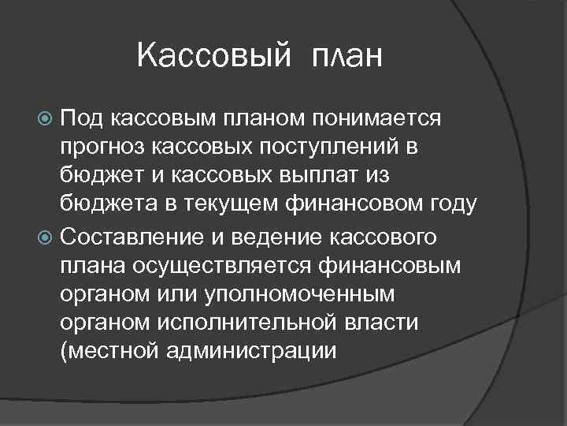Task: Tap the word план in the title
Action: point(347,56)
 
